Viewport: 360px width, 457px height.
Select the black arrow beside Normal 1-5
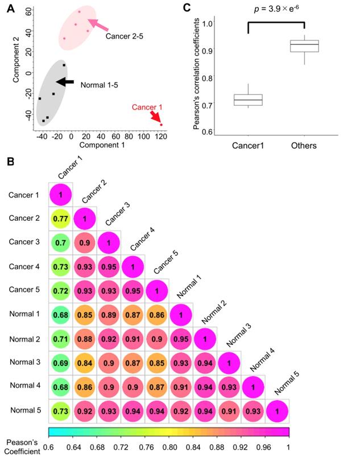coord(65,82)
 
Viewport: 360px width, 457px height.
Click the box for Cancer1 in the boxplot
coord(248,100)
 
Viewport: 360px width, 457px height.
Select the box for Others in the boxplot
coord(304,46)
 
